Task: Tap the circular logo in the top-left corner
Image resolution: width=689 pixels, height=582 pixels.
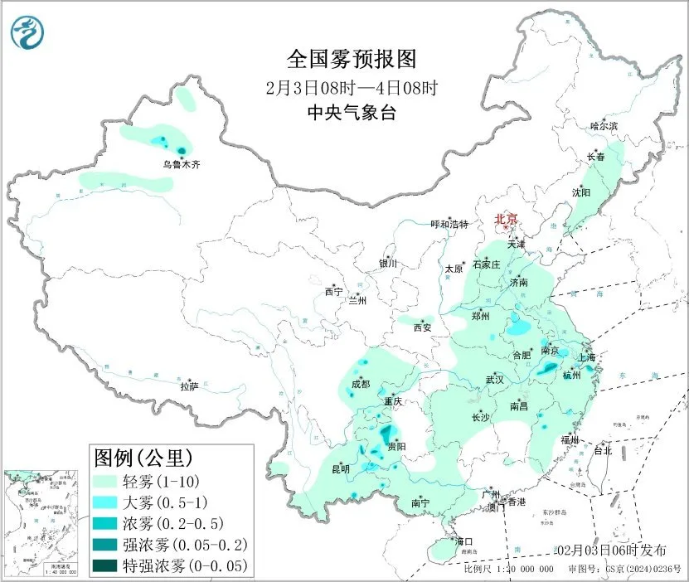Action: pos(27,31)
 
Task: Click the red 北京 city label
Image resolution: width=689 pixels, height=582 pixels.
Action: pos(506,219)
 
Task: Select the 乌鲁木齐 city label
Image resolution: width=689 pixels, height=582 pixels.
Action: pos(181,165)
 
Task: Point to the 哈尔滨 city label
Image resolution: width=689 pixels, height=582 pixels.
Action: pos(604,126)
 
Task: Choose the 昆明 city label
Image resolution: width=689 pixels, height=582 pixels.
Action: pos(340,469)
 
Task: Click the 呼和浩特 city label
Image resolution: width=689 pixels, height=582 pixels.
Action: pos(449,225)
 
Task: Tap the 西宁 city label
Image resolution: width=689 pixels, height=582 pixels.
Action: pos(333,292)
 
